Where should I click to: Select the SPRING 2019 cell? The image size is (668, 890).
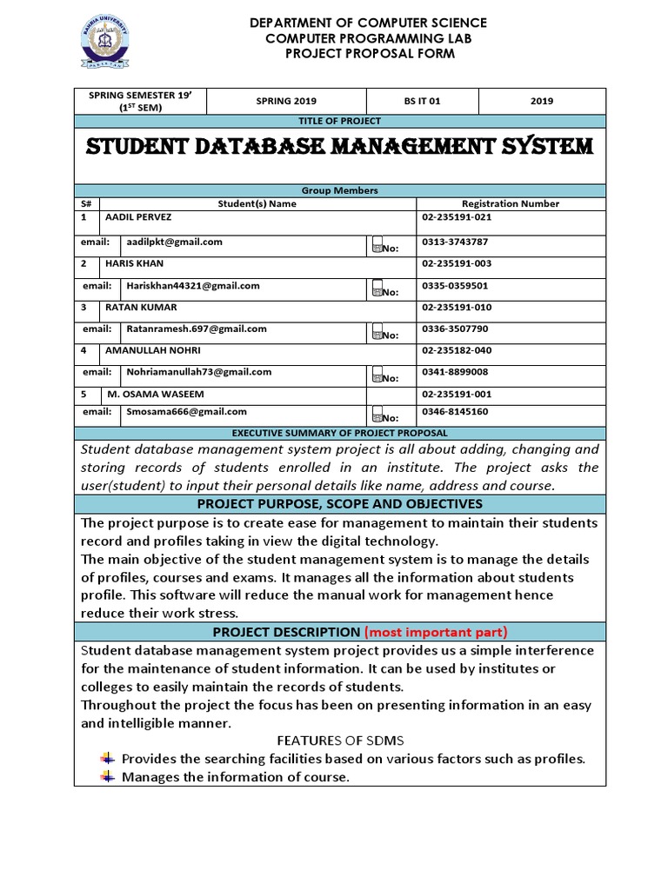(x=287, y=101)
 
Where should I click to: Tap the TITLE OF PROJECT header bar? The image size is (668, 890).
(x=339, y=121)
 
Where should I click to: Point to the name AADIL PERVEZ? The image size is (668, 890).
(x=137, y=216)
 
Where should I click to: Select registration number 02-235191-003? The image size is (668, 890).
(x=458, y=263)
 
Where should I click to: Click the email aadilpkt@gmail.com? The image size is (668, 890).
(x=174, y=242)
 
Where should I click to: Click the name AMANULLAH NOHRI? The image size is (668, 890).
(x=152, y=350)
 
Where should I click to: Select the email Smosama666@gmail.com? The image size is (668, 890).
(x=186, y=411)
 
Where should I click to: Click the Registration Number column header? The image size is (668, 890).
(x=510, y=203)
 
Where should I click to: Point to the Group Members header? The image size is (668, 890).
(x=339, y=190)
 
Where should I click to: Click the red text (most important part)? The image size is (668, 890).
(x=436, y=632)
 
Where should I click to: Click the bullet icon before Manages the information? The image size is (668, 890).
(x=108, y=776)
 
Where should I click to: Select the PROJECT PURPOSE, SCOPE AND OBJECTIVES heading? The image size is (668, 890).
(x=339, y=504)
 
